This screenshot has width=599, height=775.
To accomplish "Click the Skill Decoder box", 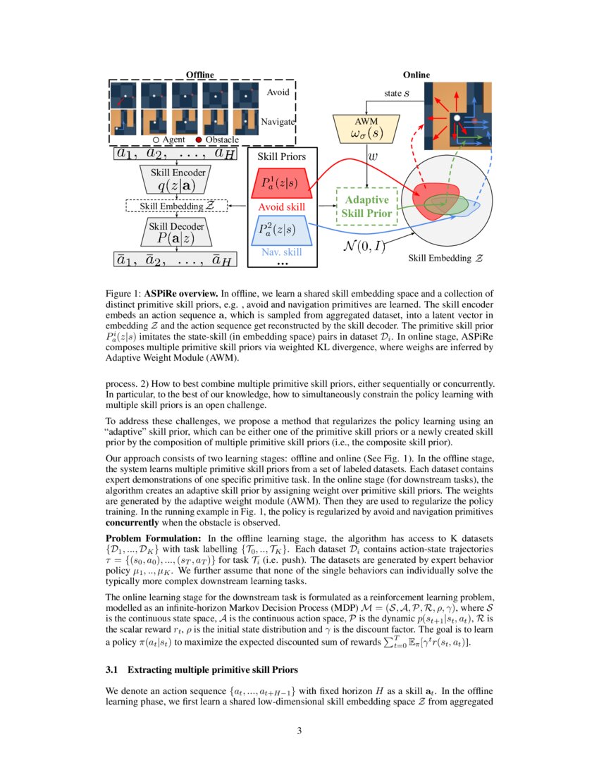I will coord(175,232).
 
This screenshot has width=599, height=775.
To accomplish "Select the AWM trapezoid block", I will coord(366,129).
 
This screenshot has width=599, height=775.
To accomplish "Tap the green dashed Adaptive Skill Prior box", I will coord(366,206).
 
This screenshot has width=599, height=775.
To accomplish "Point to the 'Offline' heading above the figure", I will coord(199,75).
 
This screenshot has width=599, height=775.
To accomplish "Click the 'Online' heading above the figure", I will coord(416,75).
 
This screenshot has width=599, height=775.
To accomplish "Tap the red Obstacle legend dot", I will coord(199,140).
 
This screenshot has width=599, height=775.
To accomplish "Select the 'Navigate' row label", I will coord(277,122).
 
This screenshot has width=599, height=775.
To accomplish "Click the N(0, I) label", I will coord(363,246).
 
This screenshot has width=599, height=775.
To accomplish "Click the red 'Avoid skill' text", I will coord(281,207).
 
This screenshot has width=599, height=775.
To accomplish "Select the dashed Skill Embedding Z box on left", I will coord(176,206).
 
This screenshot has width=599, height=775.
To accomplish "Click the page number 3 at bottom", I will coord(299,731).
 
